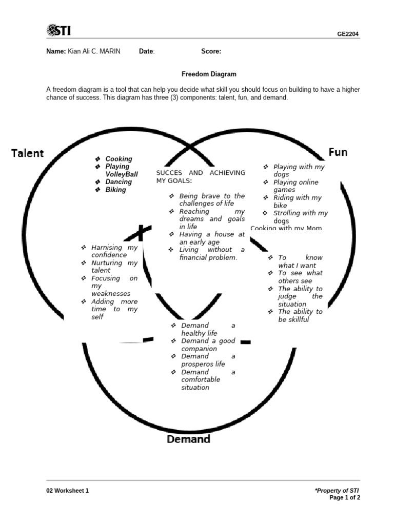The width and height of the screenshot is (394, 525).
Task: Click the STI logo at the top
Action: point(58,31)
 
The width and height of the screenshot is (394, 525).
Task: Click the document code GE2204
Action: point(348,34)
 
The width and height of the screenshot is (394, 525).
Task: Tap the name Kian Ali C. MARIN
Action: point(94,51)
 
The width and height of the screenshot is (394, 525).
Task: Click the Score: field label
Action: point(211,51)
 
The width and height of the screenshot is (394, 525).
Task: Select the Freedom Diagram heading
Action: point(209,74)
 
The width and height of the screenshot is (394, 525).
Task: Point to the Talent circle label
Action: point(28,153)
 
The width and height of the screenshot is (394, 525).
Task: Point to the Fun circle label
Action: point(338,152)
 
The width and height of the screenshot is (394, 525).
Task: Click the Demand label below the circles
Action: point(188,439)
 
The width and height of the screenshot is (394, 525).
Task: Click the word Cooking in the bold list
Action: point(119,159)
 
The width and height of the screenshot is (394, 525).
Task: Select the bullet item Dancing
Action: point(119,182)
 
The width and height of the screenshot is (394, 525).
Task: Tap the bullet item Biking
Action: point(115,190)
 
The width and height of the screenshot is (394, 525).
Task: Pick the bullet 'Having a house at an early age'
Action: point(212,238)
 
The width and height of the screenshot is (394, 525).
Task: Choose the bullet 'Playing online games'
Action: point(295,186)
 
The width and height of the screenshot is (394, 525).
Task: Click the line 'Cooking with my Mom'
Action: point(286,228)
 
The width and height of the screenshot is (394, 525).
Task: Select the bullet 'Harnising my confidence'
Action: point(114,251)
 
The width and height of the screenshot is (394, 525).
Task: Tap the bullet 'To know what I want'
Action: point(300,261)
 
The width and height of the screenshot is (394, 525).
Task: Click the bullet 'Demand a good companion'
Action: point(208,345)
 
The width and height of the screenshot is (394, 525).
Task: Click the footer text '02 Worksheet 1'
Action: point(67,491)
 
